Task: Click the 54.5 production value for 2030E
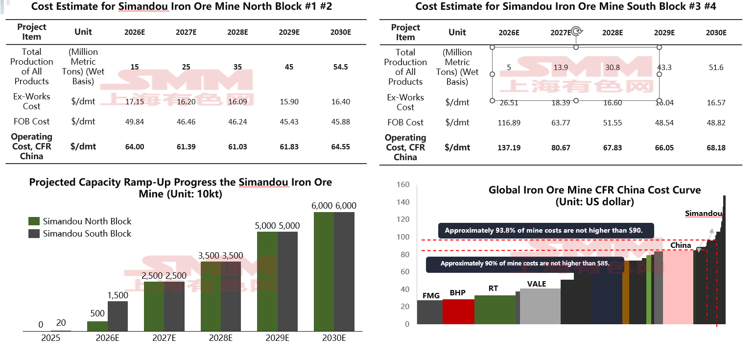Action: (x=340, y=67)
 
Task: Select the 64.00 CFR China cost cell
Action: (x=135, y=146)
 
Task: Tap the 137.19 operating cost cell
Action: (x=509, y=147)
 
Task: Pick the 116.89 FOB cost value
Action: (x=509, y=122)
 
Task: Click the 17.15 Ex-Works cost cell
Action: (x=135, y=101)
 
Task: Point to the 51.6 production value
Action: (x=716, y=68)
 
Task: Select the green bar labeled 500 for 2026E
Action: (x=97, y=326)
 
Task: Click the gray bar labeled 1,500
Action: (x=118, y=316)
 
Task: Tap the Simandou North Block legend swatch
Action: (x=34, y=221)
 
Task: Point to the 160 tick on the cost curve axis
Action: (x=403, y=185)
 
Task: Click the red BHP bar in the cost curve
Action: (x=458, y=312)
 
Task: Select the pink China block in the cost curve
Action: (x=678, y=287)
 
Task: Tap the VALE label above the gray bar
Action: (x=537, y=284)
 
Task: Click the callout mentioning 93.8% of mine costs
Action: (x=546, y=230)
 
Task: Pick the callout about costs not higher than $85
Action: (x=525, y=264)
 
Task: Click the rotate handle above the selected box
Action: (x=576, y=31)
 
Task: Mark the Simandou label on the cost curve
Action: (x=703, y=213)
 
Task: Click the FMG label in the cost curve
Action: (x=431, y=295)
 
